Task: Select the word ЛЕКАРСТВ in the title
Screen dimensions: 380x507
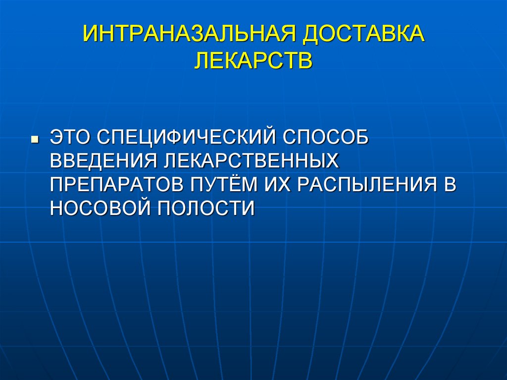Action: [253, 62]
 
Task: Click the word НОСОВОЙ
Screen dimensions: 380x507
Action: [99, 207]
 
